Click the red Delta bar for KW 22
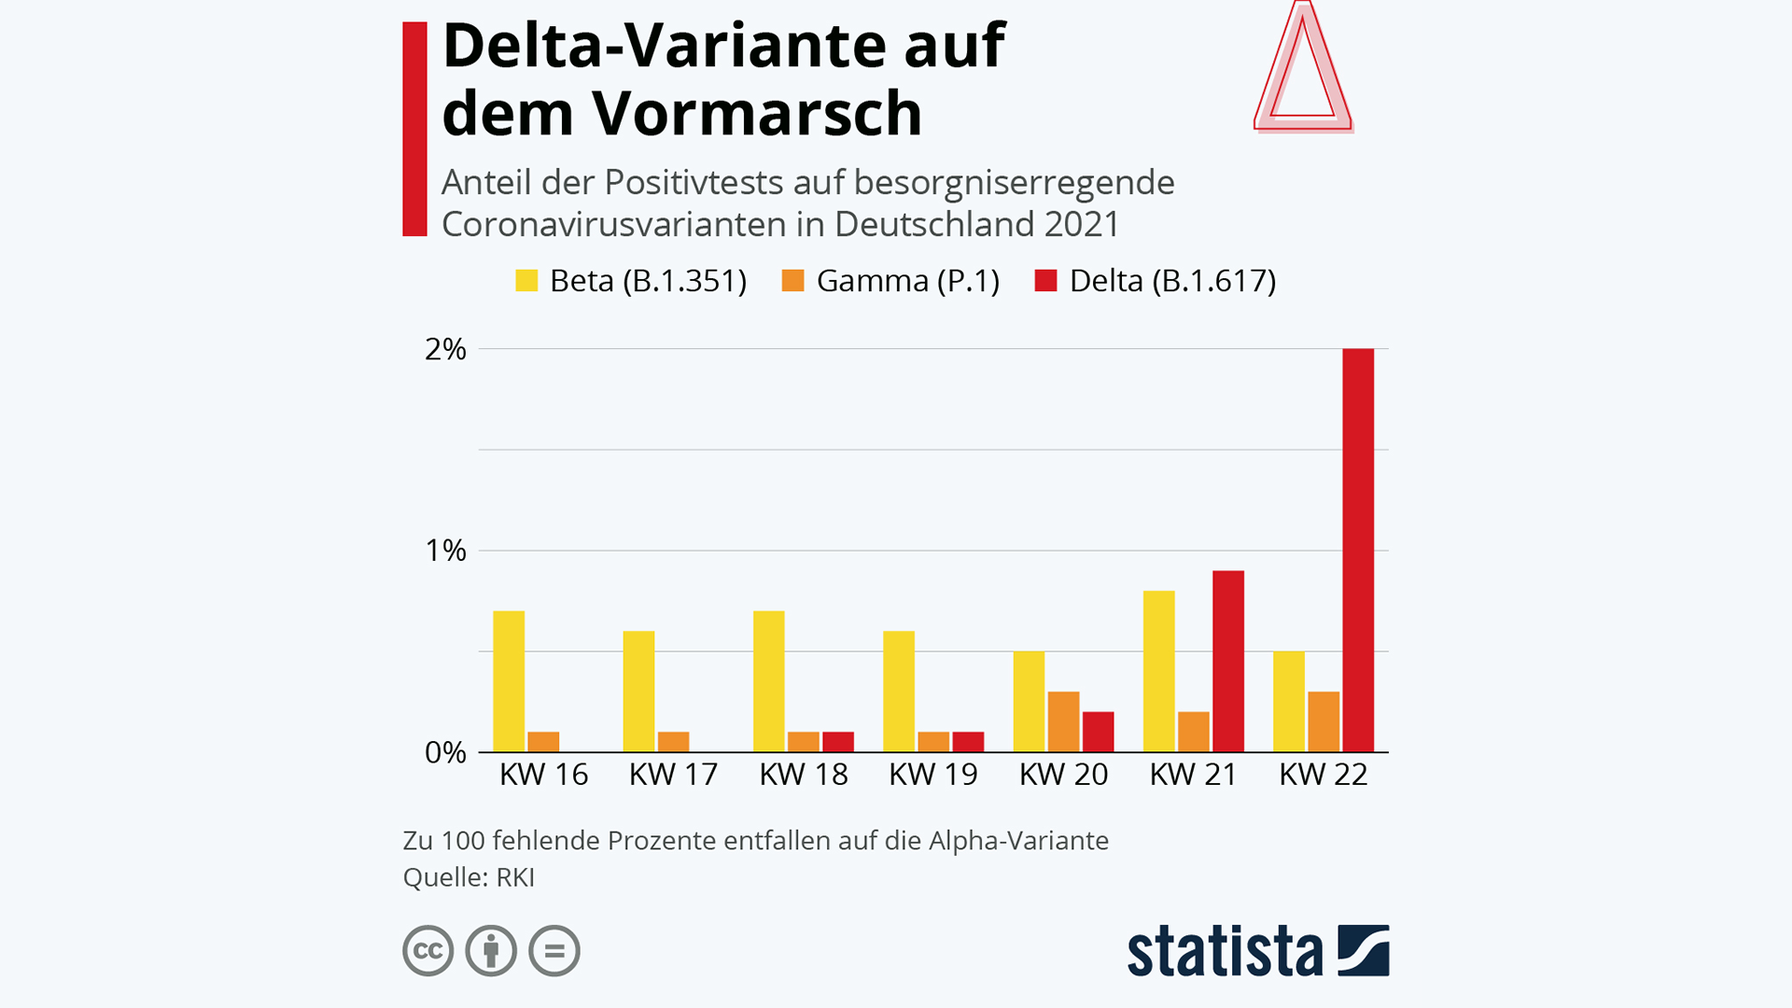click(x=1358, y=550)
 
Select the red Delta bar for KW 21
click(x=1228, y=661)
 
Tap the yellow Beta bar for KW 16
click(x=509, y=681)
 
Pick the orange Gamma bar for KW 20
click(x=1063, y=721)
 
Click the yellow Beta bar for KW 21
click(x=1159, y=671)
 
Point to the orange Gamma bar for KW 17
click(x=673, y=742)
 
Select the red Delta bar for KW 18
click(x=838, y=742)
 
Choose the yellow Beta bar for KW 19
click(x=899, y=691)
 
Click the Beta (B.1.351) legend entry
click(x=631, y=281)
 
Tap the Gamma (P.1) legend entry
click(x=890, y=281)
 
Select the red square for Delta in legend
click(x=1045, y=281)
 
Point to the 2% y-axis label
click(x=445, y=349)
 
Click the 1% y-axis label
click(x=445, y=551)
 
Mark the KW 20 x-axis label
click(x=1063, y=775)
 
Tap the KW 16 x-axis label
click(x=543, y=775)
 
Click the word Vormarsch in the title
click(x=757, y=114)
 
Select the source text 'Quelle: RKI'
click(x=469, y=877)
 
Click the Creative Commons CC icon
click(x=428, y=951)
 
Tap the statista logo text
click(x=1225, y=952)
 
